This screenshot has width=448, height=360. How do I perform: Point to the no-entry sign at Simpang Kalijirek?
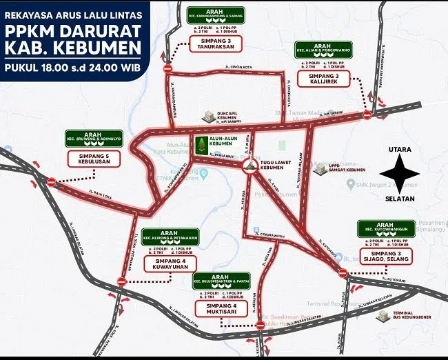[x=367, y=114]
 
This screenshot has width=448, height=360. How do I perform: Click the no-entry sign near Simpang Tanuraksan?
[x=167, y=68]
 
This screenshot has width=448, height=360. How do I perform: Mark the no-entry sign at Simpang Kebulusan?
[x=51, y=183]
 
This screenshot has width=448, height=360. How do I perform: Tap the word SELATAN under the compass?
[x=400, y=197]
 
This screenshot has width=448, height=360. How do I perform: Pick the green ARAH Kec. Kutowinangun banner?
[x=385, y=229]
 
